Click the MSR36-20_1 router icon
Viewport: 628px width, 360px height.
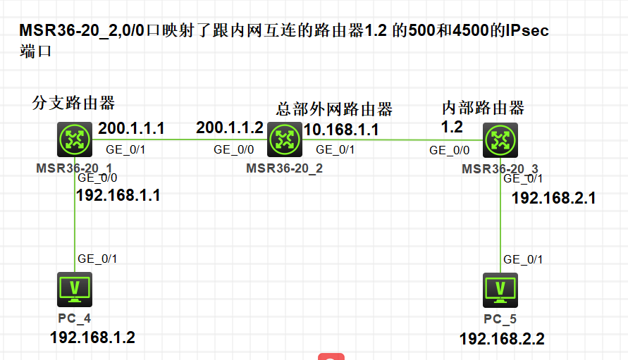click(x=74, y=139)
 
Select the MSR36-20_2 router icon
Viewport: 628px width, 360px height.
click(x=285, y=139)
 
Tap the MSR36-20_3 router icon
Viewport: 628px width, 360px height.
click(x=500, y=139)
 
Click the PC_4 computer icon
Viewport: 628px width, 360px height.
click(x=74, y=290)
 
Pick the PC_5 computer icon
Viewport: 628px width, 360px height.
click(x=500, y=290)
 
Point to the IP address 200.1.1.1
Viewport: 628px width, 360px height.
click(x=131, y=128)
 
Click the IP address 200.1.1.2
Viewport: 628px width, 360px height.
click(x=229, y=128)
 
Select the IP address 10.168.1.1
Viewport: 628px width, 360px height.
click(x=341, y=130)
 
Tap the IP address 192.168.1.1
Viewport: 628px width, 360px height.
click(x=118, y=195)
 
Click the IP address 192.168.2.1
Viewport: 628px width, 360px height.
click(x=553, y=198)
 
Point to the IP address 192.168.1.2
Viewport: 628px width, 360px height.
click(x=92, y=337)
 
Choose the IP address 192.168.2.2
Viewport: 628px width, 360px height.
click(x=502, y=340)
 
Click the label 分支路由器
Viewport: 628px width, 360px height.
click(x=74, y=103)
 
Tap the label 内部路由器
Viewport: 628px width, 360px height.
click(x=483, y=108)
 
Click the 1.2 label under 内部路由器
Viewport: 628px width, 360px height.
click(x=452, y=128)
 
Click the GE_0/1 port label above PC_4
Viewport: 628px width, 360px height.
click(x=97, y=259)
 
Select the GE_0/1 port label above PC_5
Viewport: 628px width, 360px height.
click(x=523, y=259)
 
